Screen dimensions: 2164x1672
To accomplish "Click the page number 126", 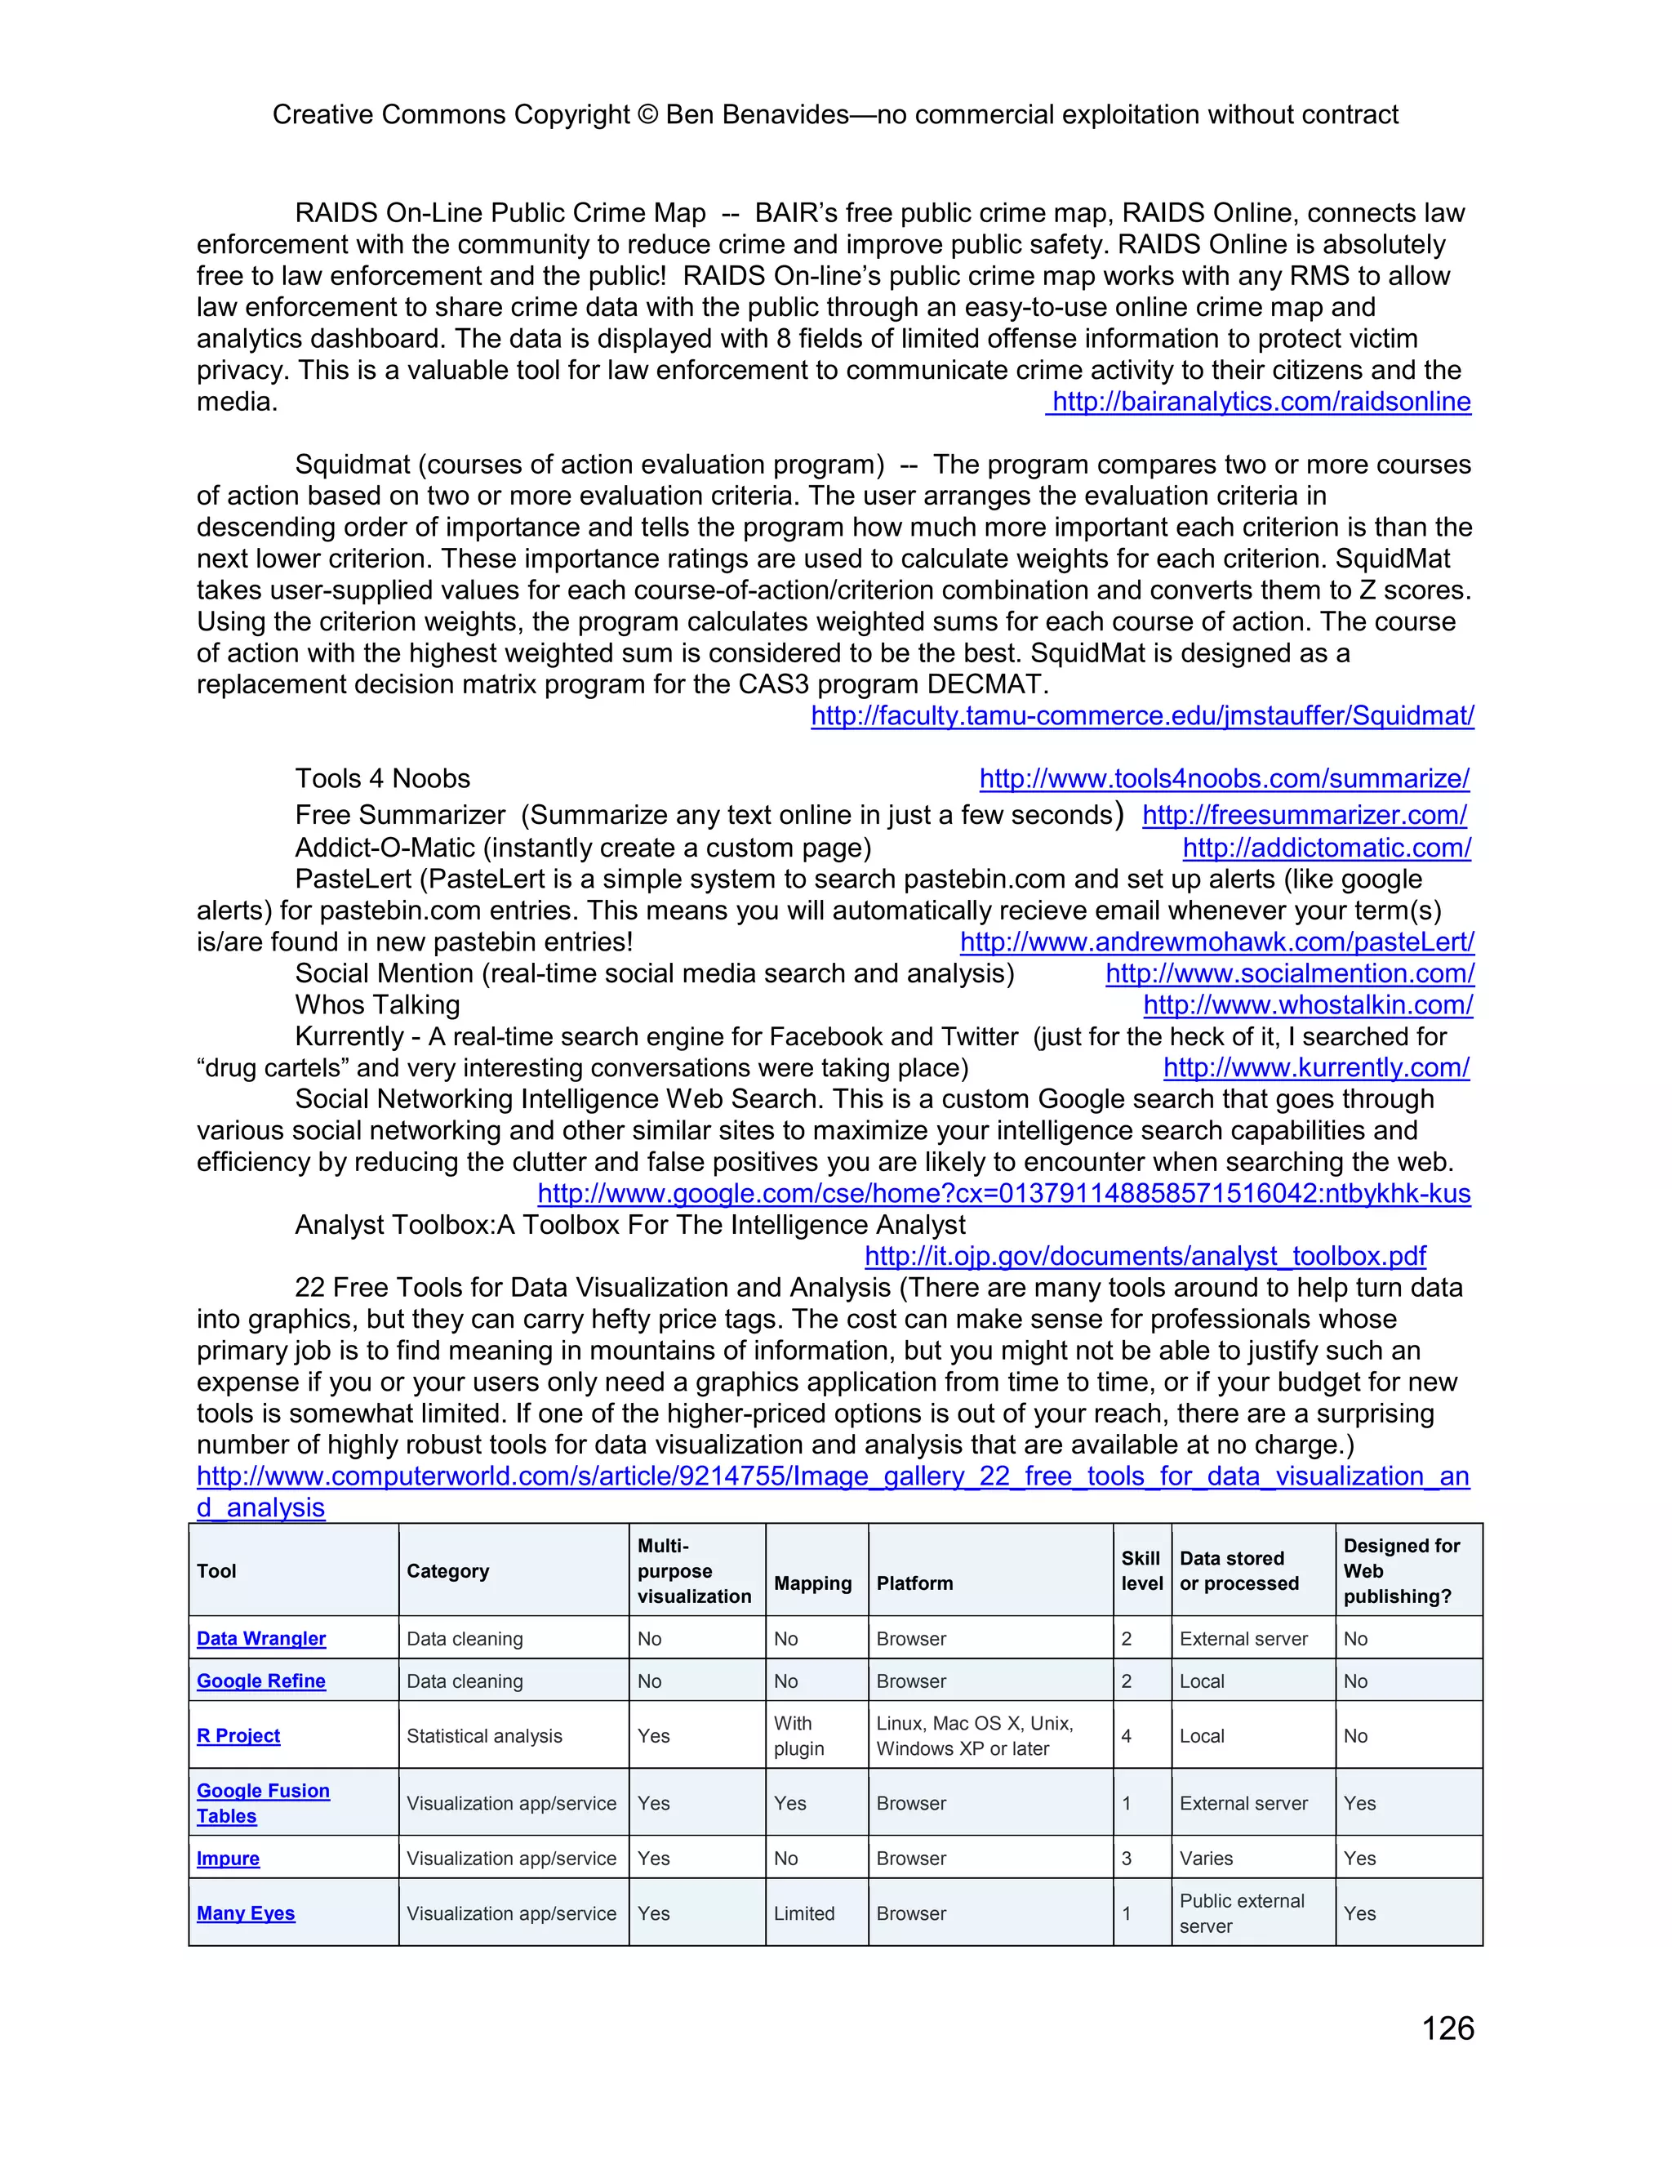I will point(1447,2028).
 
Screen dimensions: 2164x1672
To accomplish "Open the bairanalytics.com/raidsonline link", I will point(1260,401).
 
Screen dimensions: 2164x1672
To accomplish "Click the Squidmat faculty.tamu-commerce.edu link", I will point(1142,715).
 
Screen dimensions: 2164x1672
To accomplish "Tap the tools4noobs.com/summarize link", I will point(1225,779).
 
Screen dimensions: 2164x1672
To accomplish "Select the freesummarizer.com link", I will point(1304,816).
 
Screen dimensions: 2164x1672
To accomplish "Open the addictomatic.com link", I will point(1327,848).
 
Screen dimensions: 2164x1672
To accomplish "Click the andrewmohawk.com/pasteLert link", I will point(1216,942).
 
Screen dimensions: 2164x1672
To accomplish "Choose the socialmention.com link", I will point(1290,974).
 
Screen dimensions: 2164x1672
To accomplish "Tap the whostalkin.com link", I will point(1308,1006).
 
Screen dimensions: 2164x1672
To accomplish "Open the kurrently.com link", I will point(1315,1068).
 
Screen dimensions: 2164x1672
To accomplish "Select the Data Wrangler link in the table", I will point(260,1639).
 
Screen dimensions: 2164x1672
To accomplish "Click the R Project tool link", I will point(238,1736).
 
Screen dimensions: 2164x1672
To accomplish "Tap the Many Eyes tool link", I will point(246,1913).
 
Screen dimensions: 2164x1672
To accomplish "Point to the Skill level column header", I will point(1141,1570).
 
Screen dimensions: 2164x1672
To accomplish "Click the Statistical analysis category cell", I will point(483,1736).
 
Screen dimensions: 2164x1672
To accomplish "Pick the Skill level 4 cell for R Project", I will point(1126,1736).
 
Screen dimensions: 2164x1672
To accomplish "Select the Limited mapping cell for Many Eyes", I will point(803,1913).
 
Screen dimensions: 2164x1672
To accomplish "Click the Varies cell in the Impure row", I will point(1206,1859).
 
